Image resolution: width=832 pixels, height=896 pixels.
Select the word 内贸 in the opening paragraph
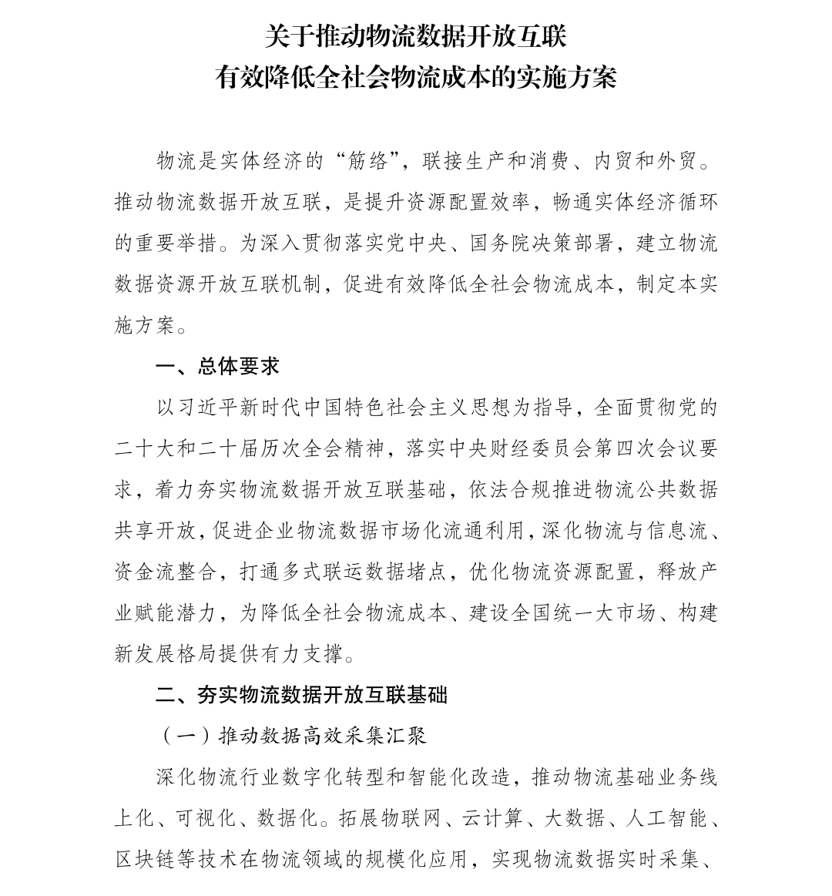(614, 161)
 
